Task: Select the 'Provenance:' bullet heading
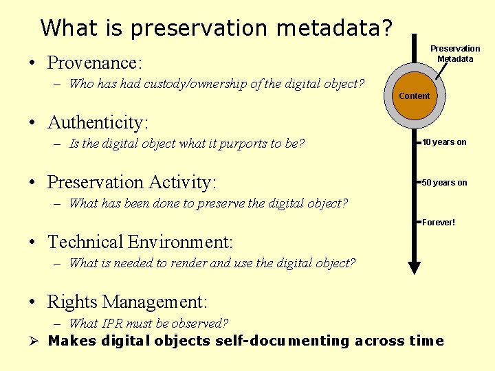click(94, 63)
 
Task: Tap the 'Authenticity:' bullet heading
click(98, 123)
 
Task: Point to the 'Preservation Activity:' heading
click(131, 183)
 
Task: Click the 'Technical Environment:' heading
click(140, 243)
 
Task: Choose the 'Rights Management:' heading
click(127, 302)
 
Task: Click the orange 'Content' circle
click(414, 96)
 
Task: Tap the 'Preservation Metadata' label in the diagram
click(455, 54)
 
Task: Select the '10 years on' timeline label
click(444, 142)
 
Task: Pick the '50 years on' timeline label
click(444, 183)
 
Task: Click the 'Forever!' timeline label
click(439, 223)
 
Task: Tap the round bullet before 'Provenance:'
click(33, 64)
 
